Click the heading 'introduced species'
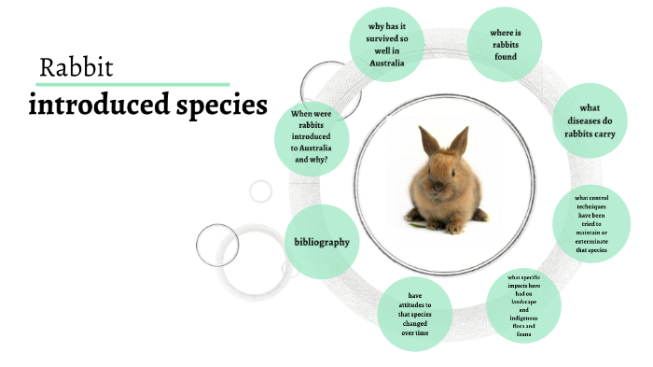148,105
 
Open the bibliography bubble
322,242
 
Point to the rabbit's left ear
429,142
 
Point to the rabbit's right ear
458,141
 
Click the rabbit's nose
439,181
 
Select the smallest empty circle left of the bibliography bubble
261,191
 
